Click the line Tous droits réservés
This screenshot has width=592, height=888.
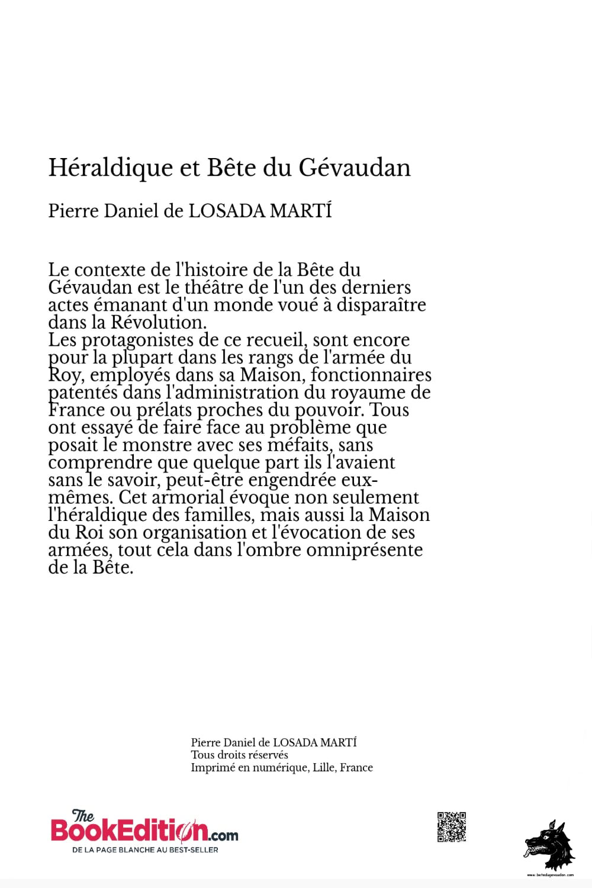(239, 755)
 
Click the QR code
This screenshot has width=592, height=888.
(452, 827)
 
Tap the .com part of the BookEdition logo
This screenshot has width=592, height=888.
(223, 836)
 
